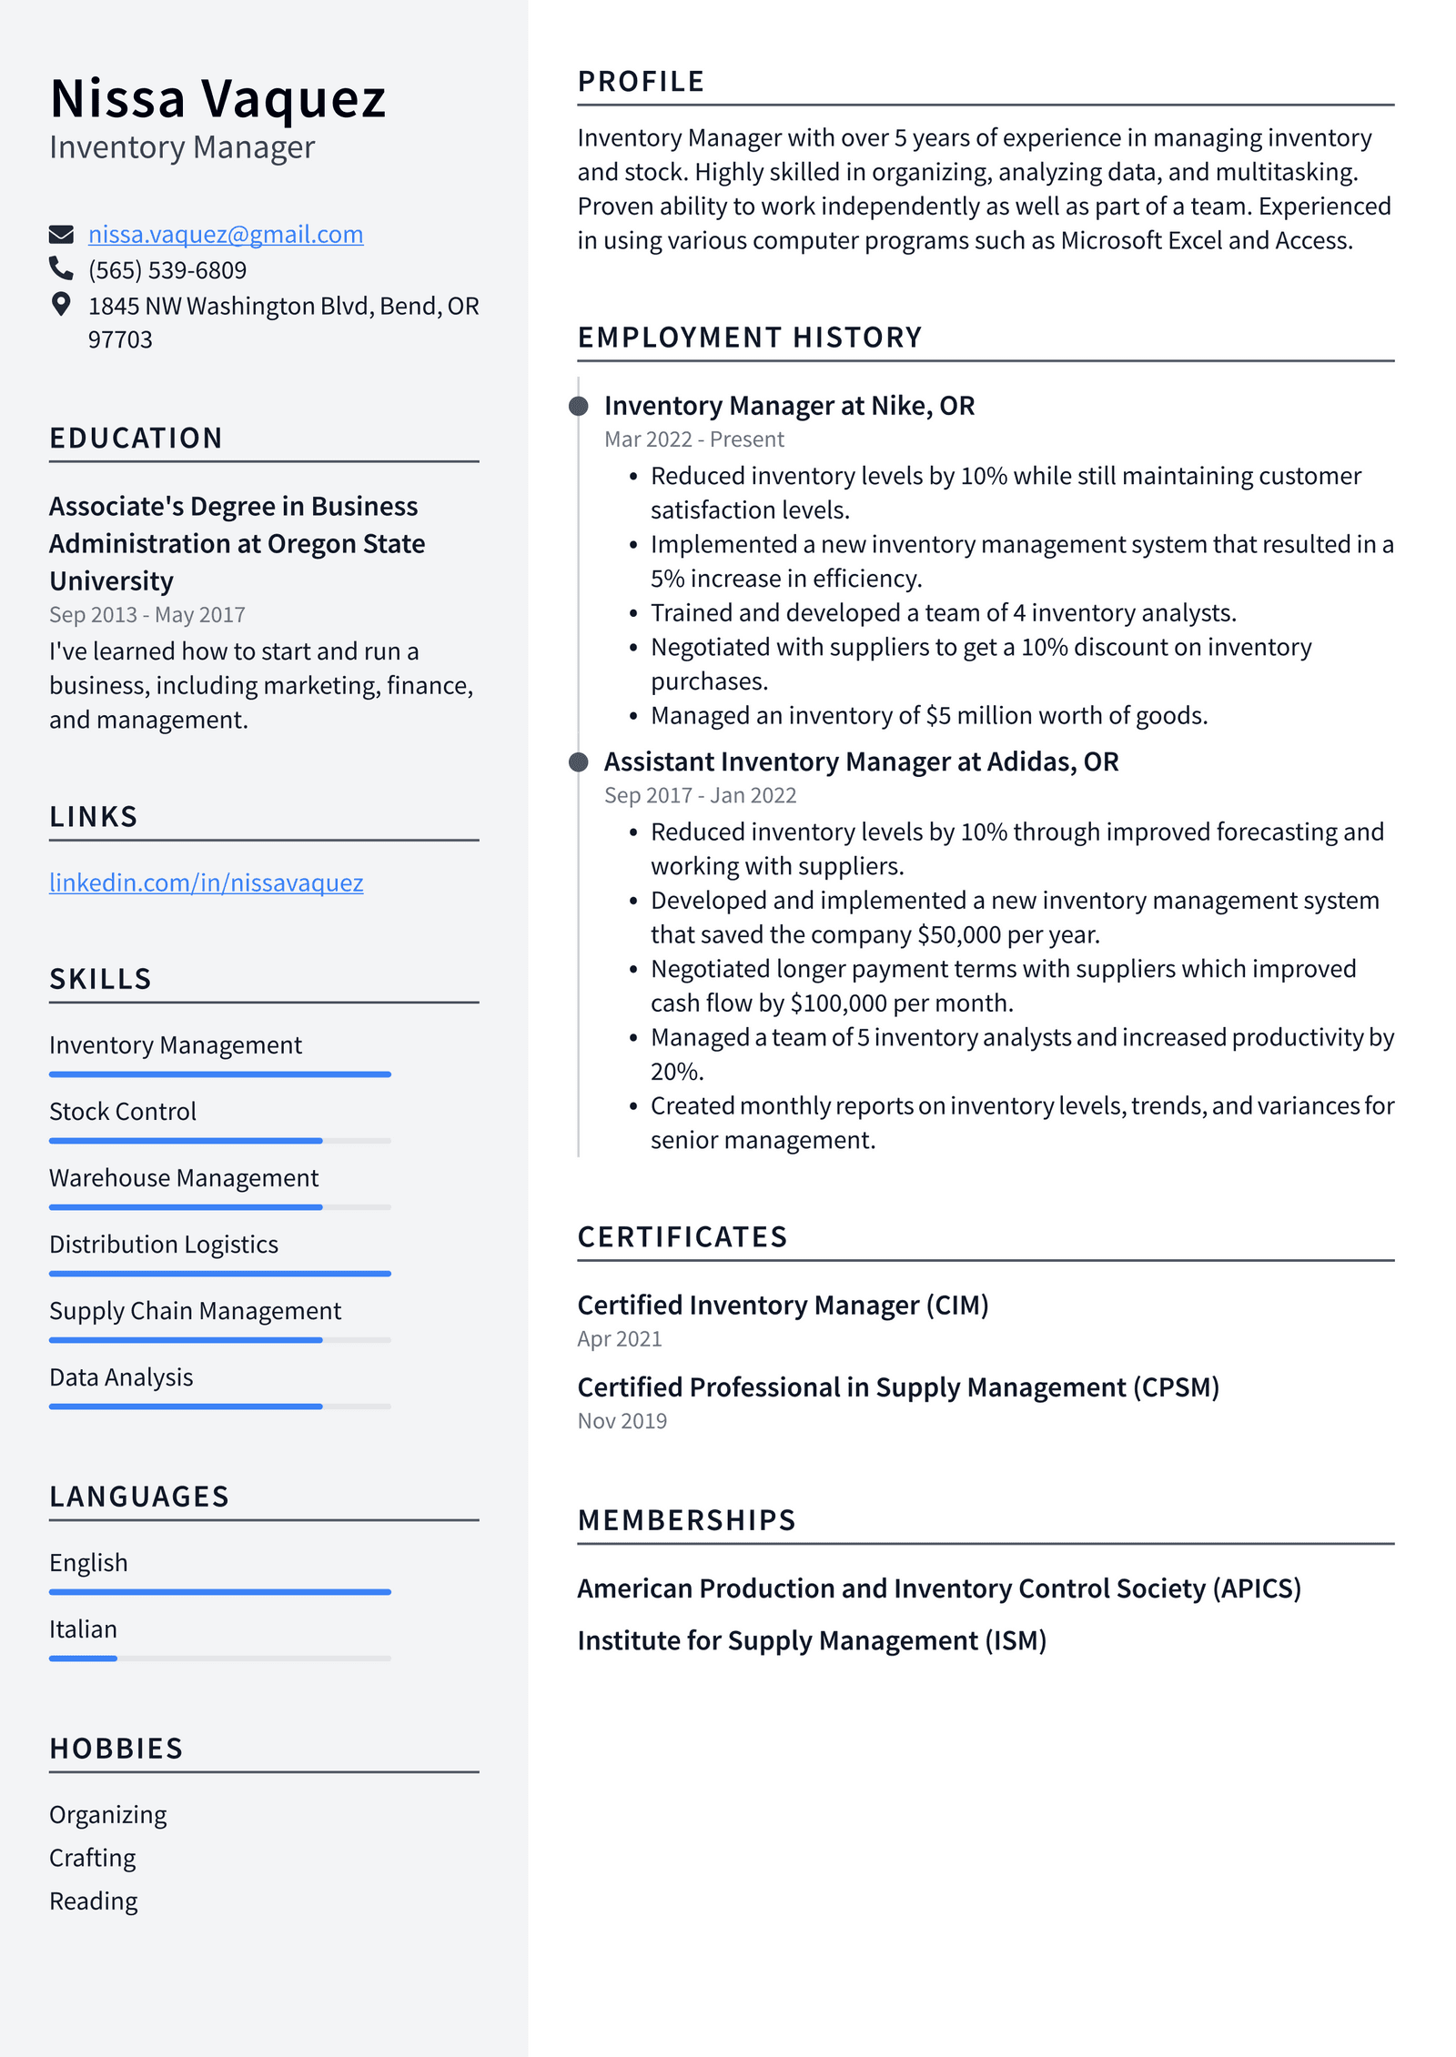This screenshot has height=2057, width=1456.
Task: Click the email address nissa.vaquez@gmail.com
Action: [225, 235]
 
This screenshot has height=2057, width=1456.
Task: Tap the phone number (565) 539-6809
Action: [167, 270]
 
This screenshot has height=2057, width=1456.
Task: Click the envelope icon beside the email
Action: [61, 235]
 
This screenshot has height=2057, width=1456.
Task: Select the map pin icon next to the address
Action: [61, 304]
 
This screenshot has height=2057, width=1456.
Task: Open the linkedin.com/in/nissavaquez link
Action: [206, 882]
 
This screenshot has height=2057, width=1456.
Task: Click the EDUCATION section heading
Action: [136, 439]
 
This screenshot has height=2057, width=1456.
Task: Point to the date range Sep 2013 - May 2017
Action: [147, 615]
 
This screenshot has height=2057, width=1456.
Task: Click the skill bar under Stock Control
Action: [219, 1141]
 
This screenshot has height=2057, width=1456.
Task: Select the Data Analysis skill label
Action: [121, 1377]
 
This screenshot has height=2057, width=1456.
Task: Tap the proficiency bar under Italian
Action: [219, 1659]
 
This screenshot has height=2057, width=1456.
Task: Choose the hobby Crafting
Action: [92, 1858]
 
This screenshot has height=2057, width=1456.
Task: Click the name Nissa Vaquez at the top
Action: [217, 98]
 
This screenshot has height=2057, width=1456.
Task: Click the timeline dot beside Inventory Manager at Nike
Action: [578, 406]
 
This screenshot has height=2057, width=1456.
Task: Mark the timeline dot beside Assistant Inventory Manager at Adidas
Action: [578, 761]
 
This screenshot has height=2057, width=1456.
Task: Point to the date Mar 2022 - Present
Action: [693, 439]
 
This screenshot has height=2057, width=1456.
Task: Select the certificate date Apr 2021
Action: [620, 1339]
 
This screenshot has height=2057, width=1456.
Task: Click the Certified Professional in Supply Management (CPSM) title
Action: [897, 1387]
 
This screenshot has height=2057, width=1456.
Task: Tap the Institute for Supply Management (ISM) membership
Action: [811, 1640]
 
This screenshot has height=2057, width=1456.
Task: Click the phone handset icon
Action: [61, 268]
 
